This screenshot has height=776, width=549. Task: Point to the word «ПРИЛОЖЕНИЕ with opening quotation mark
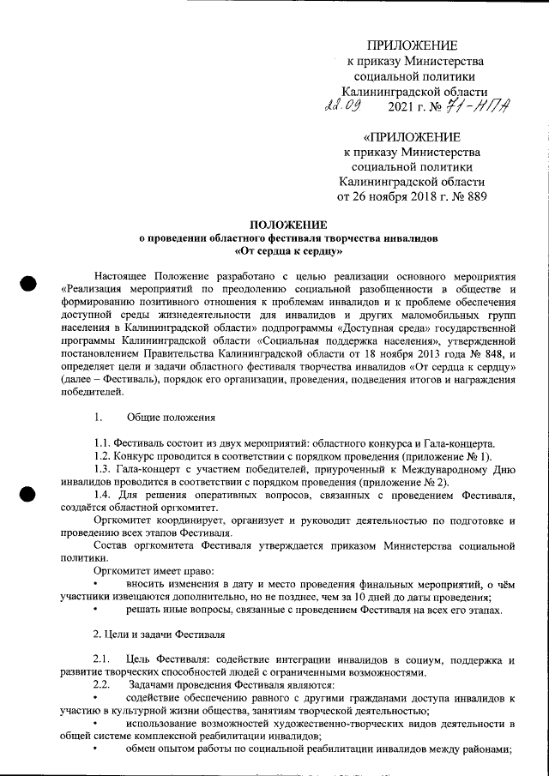tap(411, 137)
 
